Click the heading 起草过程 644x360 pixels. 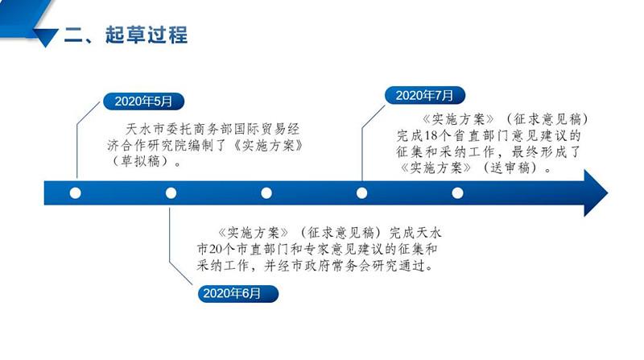pos(146,35)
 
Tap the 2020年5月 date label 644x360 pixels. pos(143,101)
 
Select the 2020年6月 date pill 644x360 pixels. pos(237,293)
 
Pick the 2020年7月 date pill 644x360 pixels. pos(425,95)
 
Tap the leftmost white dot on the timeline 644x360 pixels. pos(75,192)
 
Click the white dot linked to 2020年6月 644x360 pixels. pos(171,192)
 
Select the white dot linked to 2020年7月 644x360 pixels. pos(361,192)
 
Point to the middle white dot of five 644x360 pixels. pos(266,192)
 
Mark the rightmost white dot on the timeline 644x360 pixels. pos(457,192)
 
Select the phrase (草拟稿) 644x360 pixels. pos(140,161)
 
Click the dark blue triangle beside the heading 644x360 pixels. pos(45,38)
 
